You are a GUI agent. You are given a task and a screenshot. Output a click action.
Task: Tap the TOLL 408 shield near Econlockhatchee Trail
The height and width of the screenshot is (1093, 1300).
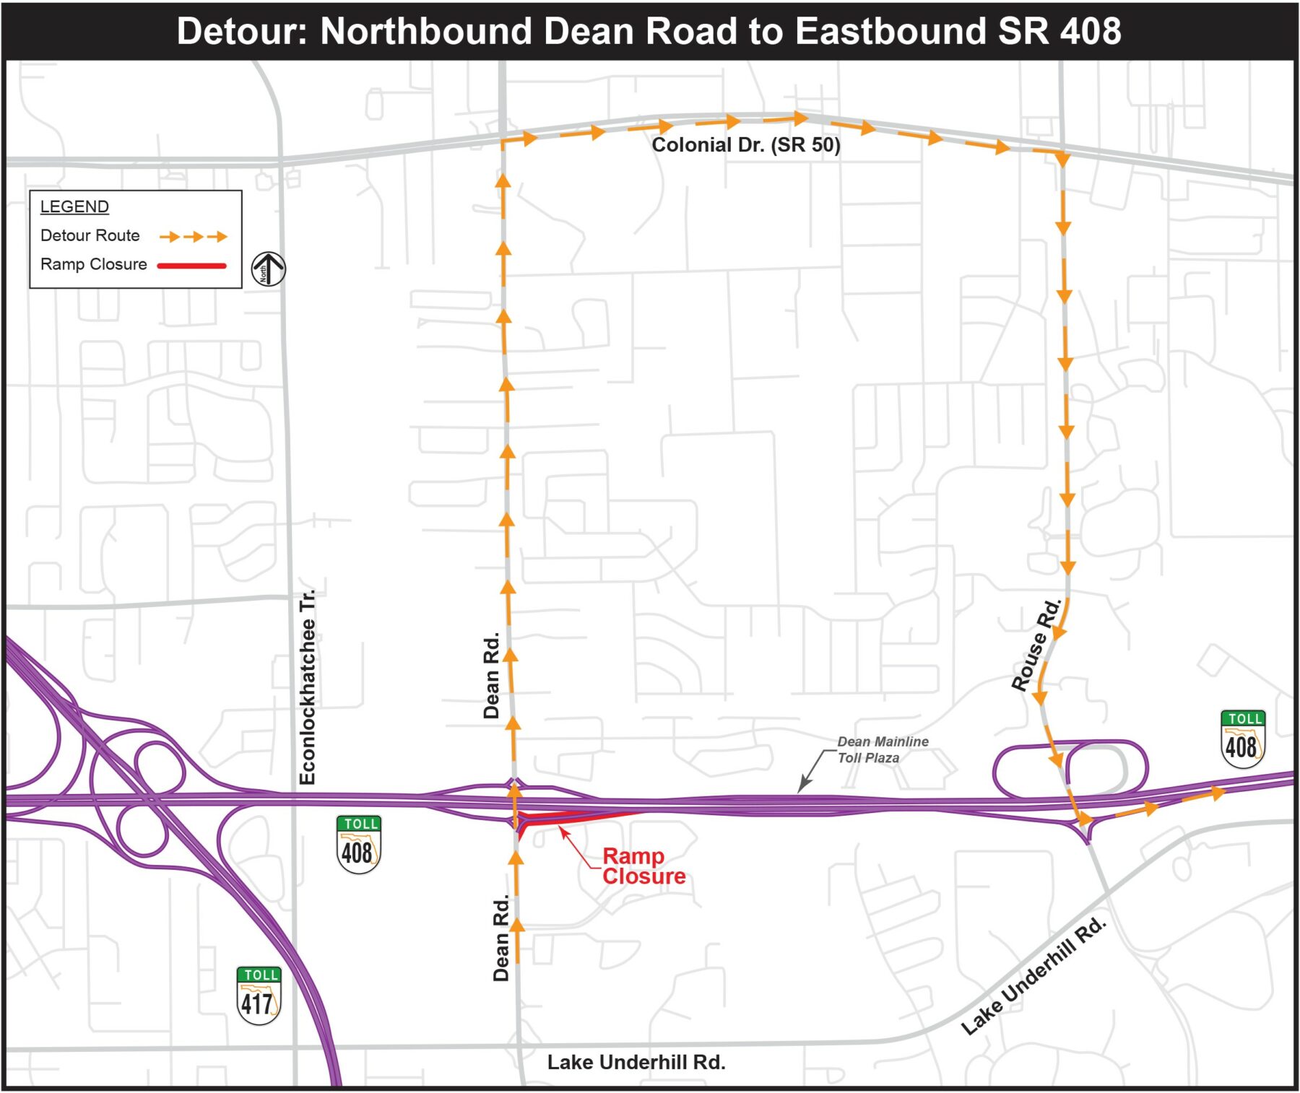tap(358, 845)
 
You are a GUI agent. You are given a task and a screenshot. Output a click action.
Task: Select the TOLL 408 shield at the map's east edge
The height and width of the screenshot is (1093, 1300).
tap(1242, 739)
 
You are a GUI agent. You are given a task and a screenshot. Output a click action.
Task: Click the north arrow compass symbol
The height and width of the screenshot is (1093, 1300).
tap(268, 269)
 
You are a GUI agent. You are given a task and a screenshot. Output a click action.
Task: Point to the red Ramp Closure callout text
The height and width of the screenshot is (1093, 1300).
tap(643, 866)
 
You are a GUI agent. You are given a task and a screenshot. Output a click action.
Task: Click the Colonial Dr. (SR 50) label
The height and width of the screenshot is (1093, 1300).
tap(745, 145)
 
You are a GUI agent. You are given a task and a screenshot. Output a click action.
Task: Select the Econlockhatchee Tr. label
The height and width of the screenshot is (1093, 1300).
tap(308, 687)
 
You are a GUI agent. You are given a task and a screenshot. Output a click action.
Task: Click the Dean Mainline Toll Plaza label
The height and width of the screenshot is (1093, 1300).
tap(882, 749)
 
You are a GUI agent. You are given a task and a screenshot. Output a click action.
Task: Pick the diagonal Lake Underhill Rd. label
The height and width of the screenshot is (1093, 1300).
tap(1033, 975)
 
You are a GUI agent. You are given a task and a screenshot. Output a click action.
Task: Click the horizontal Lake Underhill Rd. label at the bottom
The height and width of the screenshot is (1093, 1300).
tap(636, 1062)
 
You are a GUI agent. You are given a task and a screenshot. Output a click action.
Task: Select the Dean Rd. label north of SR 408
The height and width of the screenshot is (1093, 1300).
tap(492, 675)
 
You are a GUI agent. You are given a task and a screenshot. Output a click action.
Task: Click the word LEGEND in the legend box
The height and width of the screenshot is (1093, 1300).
tap(74, 206)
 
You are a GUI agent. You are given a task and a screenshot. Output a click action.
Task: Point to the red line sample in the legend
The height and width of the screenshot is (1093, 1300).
tap(192, 266)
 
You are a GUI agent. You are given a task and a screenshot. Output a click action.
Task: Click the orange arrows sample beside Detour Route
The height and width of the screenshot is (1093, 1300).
tap(193, 236)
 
